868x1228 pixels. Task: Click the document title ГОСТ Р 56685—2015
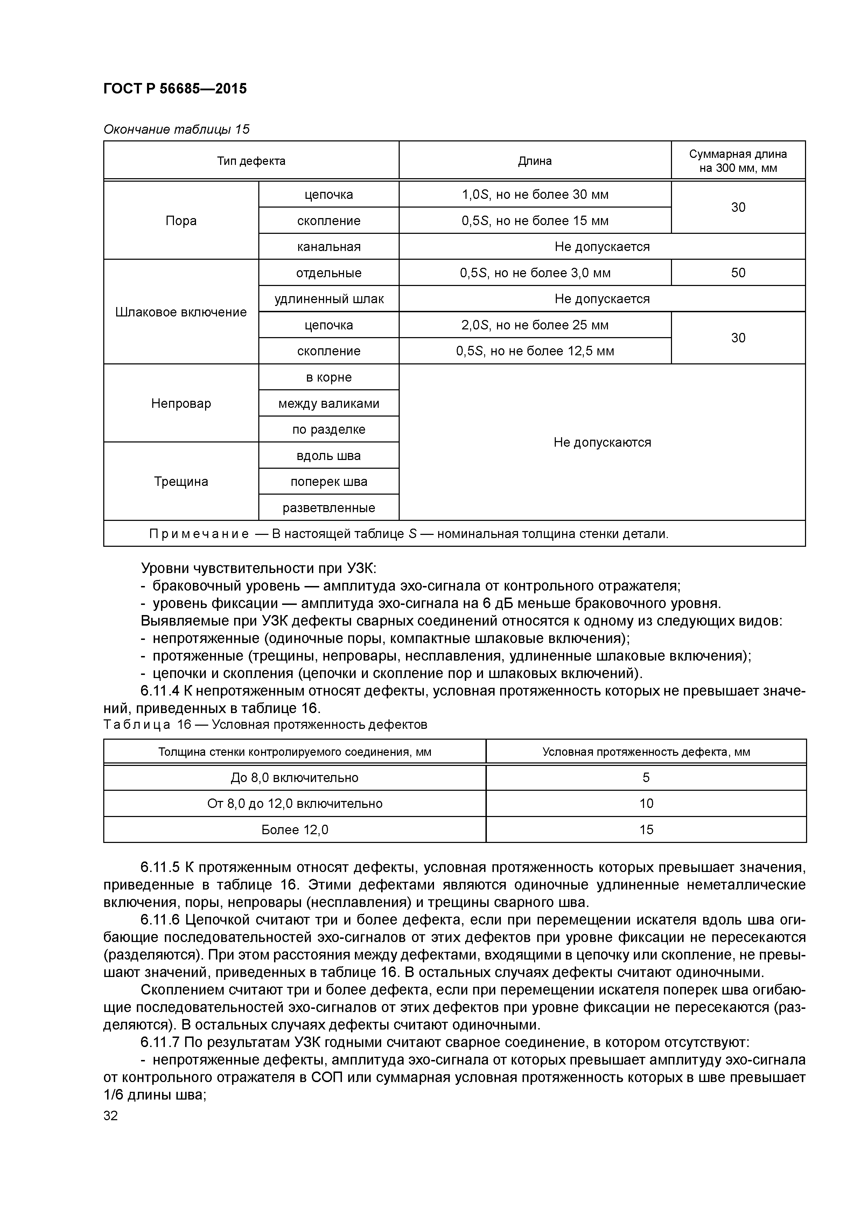[175, 89]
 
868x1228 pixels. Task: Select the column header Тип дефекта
[251, 161]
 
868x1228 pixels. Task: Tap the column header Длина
[534, 161]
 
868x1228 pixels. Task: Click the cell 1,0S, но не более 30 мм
[534, 195]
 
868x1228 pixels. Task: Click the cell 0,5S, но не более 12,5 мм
[534, 351]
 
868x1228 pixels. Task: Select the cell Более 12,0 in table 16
[295, 830]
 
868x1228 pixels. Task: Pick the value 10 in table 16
[646, 803]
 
